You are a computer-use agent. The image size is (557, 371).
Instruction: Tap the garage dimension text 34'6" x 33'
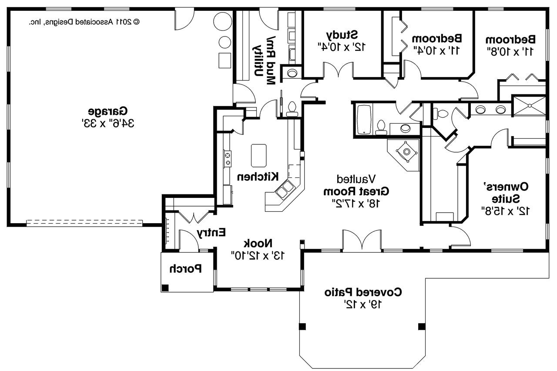click(108, 123)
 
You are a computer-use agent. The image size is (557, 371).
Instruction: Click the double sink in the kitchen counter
click(285, 190)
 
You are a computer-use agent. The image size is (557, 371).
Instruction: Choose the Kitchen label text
click(258, 177)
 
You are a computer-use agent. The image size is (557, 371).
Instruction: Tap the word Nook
click(258, 243)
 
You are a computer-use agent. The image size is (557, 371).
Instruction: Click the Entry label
click(211, 233)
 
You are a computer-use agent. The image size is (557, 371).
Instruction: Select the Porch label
click(186, 269)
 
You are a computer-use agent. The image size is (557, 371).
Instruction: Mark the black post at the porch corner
click(165, 287)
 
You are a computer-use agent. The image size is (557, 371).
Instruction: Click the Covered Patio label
click(363, 292)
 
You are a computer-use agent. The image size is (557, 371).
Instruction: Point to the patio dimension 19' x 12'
click(363, 304)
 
